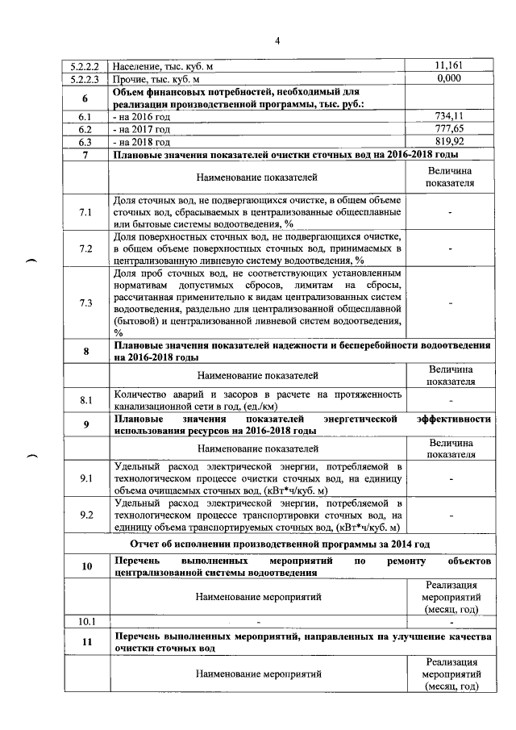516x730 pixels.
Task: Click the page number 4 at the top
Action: point(276,41)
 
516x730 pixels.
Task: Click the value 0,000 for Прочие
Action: point(451,80)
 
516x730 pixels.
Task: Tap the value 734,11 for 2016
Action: point(451,117)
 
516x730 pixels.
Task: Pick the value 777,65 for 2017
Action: point(451,129)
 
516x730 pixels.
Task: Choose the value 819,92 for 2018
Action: point(451,141)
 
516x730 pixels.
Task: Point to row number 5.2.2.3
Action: point(85,80)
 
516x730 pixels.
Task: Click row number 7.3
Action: point(85,302)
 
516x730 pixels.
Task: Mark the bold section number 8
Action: point(85,352)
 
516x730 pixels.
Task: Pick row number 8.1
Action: point(85,399)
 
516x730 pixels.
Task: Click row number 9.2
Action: point(85,515)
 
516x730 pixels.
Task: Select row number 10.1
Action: point(85,621)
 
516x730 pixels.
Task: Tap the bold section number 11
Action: point(85,642)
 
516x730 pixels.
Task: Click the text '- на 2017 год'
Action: point(143,129)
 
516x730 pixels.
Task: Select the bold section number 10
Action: point(85,566)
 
